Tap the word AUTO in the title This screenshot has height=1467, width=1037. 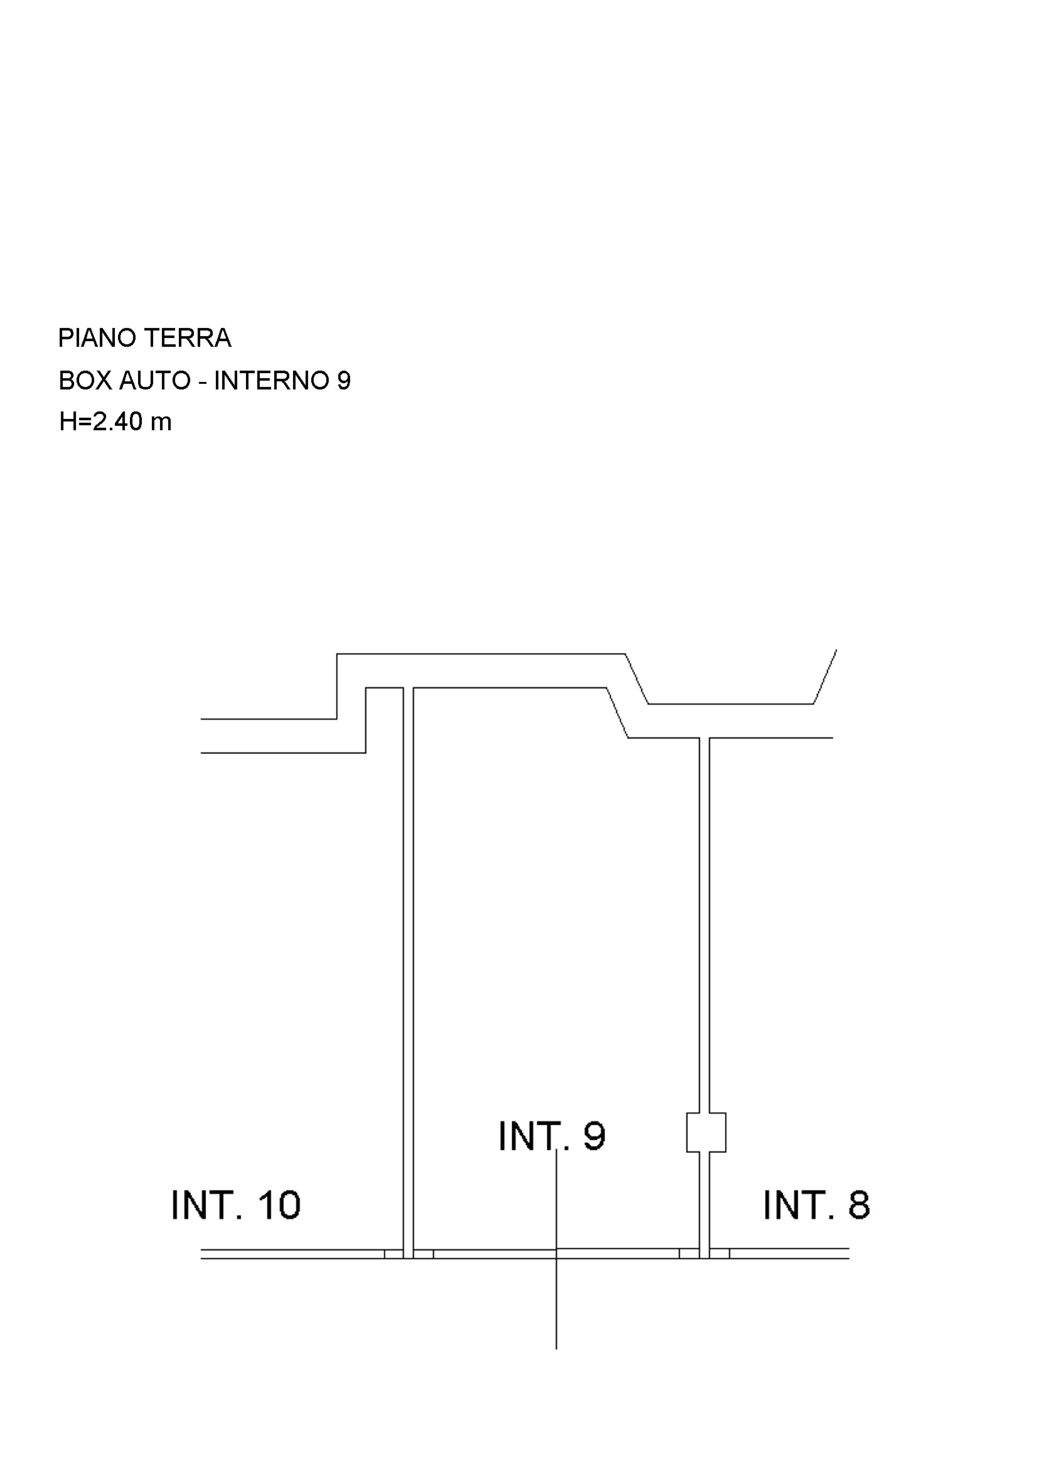click(155, 381)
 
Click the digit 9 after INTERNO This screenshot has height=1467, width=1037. click(344, 381)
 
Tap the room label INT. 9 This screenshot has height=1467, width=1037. click(552, 1136)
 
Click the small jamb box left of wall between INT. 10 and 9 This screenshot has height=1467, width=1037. click(393, 1254)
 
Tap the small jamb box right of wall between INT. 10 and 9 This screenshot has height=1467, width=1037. click(424, 1254)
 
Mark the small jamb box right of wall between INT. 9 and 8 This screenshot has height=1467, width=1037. click(720, 1254)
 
